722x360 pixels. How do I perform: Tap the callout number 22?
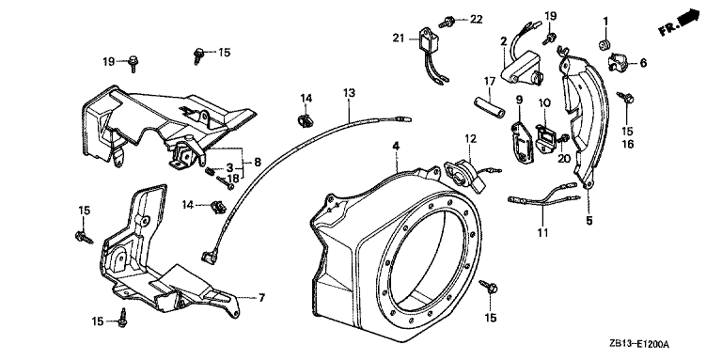point(476,19)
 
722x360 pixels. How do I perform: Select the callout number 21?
point(399,38)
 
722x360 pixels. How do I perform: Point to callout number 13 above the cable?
point(350,92)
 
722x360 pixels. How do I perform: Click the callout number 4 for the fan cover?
point(396,146)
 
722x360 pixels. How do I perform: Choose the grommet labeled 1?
point(604,45)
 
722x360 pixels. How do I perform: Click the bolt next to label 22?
point(448,22)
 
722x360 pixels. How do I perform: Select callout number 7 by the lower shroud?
point(261,298)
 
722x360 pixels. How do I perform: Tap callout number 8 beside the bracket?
point(258,162)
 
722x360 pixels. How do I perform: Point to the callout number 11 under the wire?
point(543,232)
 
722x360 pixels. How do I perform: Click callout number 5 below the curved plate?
point(589,221)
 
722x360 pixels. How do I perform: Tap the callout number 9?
point(519,99)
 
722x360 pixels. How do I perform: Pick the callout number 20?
point(564,158)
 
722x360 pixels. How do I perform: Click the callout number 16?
point(629,144)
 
